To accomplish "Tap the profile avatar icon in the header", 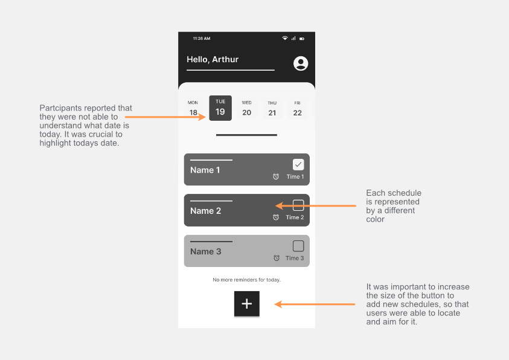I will [x=300, y=63].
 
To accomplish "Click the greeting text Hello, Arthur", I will [x=213, y=60].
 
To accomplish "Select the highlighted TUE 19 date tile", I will [x=220, y=108].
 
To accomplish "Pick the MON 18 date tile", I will [x=193, y=109].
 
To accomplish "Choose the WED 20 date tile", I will [x=246, y=109].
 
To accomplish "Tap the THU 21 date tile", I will [x=272, y=109].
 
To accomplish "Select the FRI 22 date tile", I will [x=297, y=109].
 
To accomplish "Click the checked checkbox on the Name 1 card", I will [x=298, y=164].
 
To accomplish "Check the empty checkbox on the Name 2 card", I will [x=298, y=205].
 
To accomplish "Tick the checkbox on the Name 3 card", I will [x=298, y=246].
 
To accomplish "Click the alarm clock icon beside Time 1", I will [x=276, y=177].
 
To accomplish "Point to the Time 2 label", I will [x=295, y=217].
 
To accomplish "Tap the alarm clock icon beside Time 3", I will [x=277, y=258].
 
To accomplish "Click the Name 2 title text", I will [x=206, y=211].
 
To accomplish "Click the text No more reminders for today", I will [x=246, y=280].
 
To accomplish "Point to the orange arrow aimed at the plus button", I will [x=315, y=304].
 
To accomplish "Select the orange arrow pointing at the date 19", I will [x=167, y=116].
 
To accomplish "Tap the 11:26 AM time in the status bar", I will [x=202, y=39].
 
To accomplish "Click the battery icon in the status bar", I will [x=302, y=39].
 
